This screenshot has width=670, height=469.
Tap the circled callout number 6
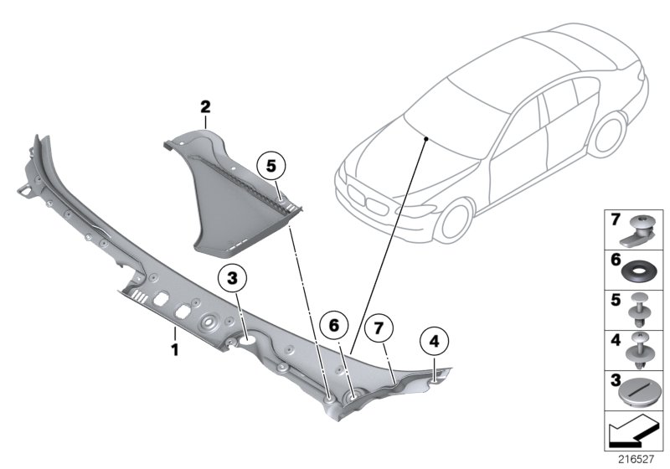[334, 324]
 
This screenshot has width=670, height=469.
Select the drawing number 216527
[634, 458]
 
